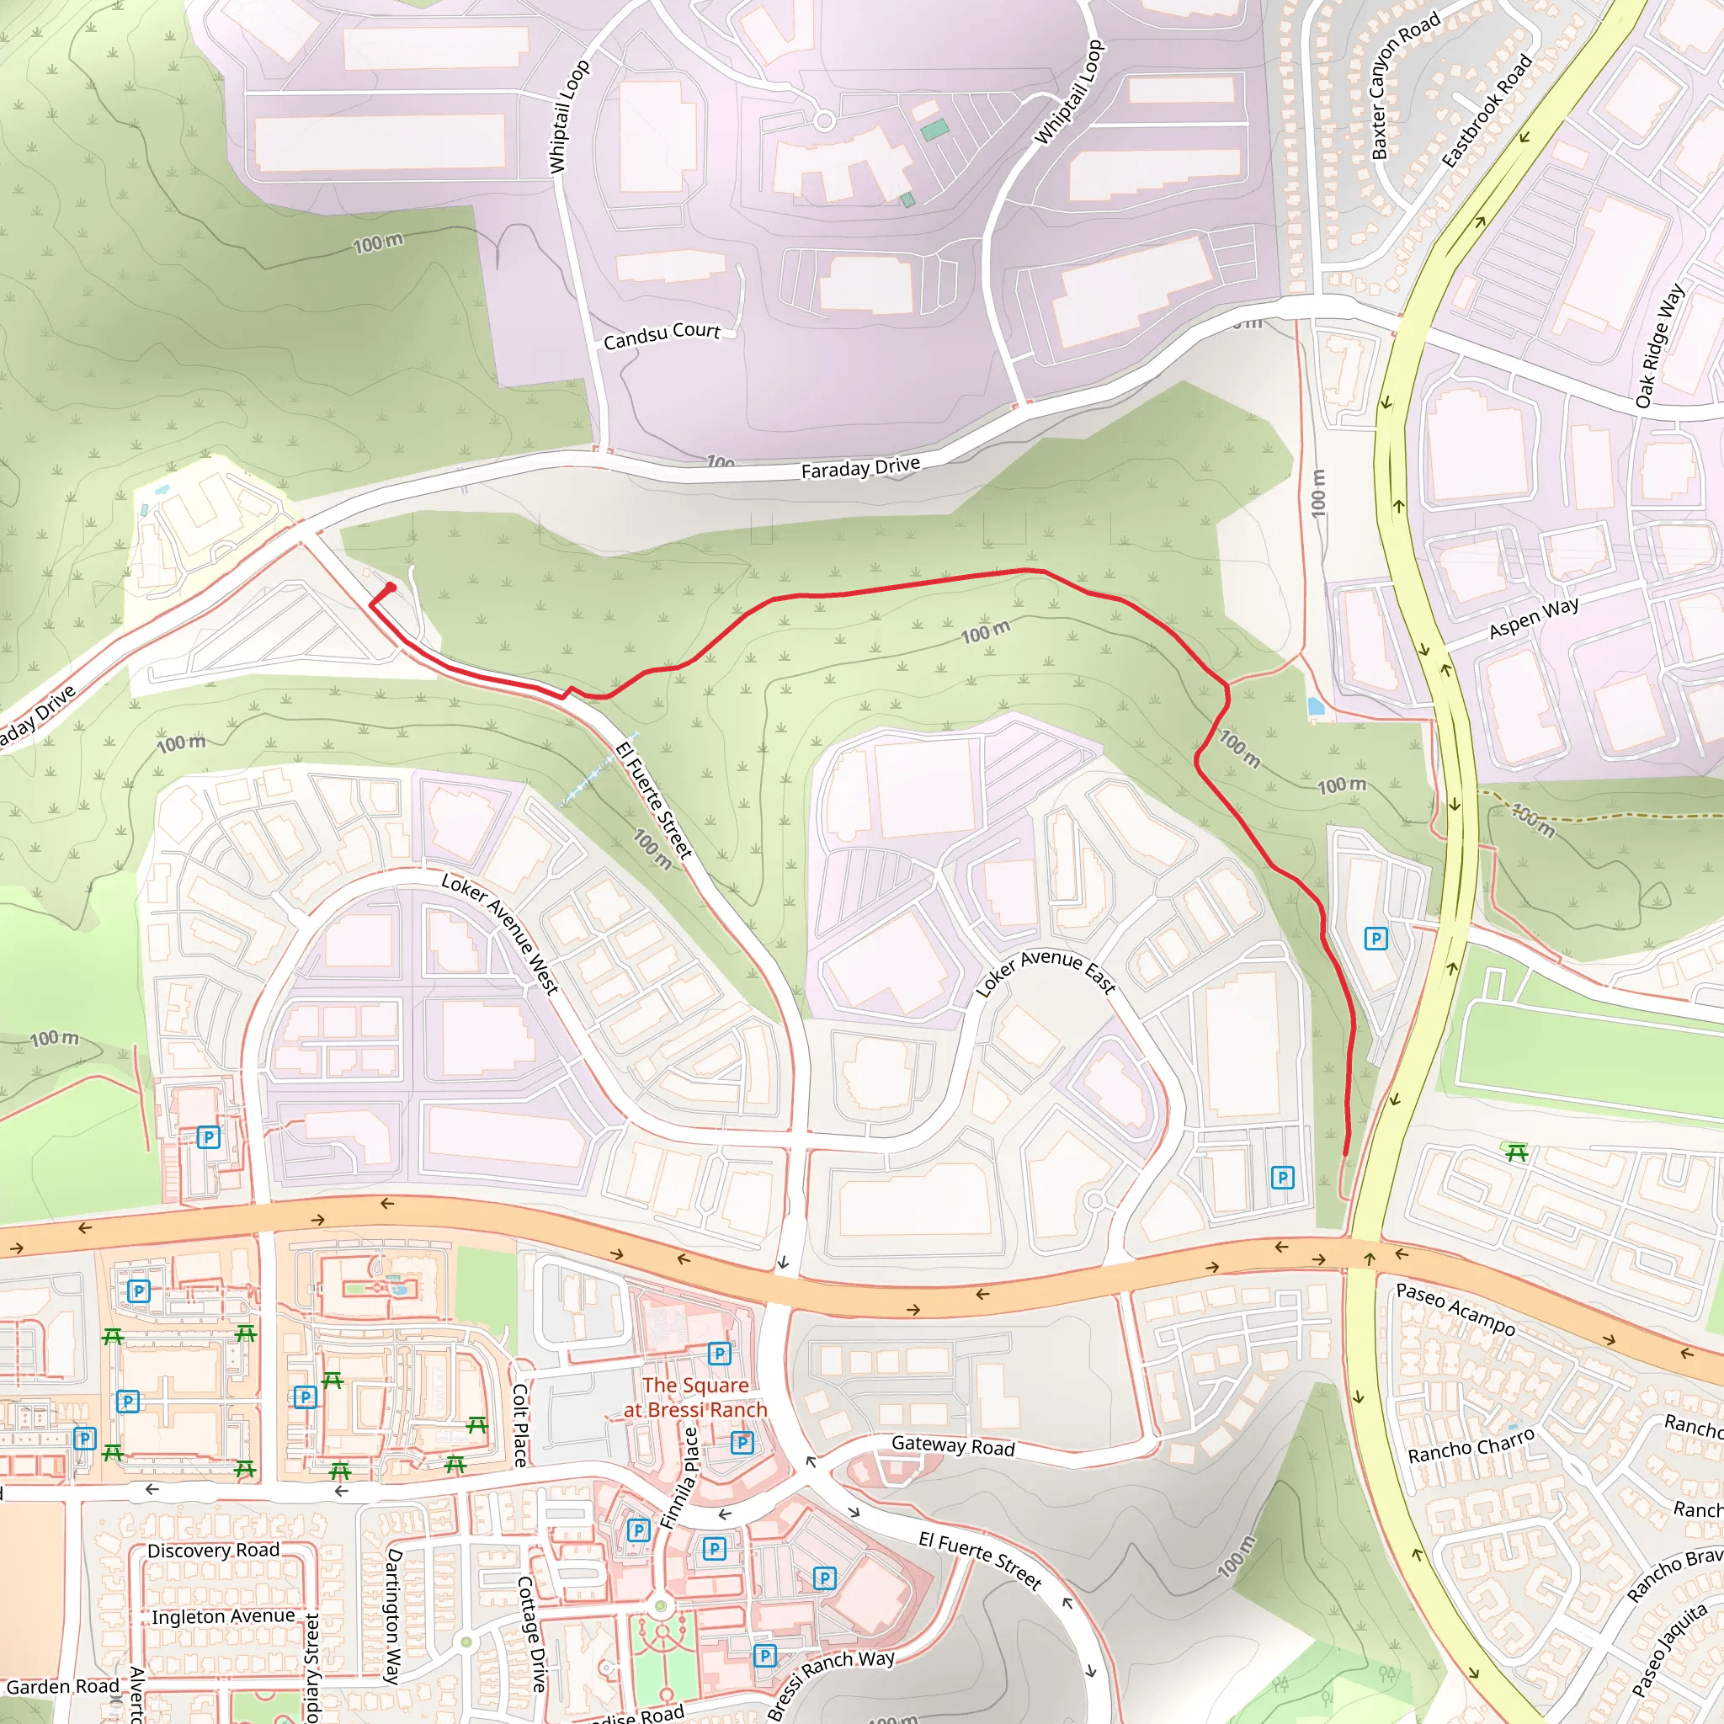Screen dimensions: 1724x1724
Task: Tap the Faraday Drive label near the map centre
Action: point(860,467)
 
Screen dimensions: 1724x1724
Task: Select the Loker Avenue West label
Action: point(500,934)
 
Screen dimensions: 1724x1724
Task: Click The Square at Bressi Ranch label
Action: point(695,1397)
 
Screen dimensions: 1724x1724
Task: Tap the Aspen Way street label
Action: point(1533,618)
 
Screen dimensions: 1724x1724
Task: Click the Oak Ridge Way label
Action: point(1660,345)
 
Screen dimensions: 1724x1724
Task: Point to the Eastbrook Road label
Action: point(1487,110)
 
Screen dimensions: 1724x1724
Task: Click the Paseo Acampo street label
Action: point(1455,1309)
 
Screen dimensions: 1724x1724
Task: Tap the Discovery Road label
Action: point(213,1550)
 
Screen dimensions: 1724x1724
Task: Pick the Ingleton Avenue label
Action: point(223,1616)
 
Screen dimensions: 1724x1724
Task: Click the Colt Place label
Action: point(521,1425)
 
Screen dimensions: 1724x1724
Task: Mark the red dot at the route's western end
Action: point(390,588)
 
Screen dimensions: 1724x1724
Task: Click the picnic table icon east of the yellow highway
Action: point(1516,1153)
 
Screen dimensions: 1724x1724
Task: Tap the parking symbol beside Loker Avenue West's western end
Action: point(208,1138)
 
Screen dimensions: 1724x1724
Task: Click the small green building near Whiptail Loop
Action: point(934,131)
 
